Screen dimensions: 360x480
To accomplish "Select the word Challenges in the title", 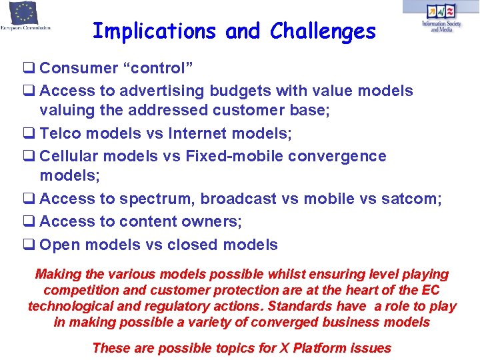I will pos(323,31).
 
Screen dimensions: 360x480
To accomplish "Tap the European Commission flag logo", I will pos(24,13).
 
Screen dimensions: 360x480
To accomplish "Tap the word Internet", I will pos(206,133).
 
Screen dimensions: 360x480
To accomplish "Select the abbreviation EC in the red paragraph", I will pos(431,290).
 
